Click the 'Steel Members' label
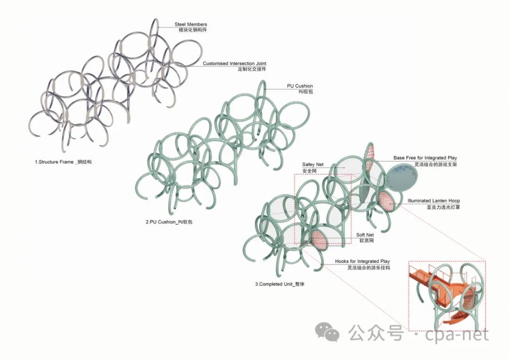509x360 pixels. tap(190, 24)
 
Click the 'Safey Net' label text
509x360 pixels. tap(312, 164)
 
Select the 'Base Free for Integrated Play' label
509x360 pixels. tap(425, 158)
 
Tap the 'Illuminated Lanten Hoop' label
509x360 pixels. tap(434, 201)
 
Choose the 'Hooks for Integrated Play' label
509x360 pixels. tap(362, 261)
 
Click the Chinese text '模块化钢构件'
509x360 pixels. tap(192, 30)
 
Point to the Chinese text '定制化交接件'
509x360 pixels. tap(252, 69)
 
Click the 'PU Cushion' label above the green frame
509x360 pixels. tap(300, 86)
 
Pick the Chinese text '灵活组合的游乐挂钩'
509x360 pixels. tap(369, 267)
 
